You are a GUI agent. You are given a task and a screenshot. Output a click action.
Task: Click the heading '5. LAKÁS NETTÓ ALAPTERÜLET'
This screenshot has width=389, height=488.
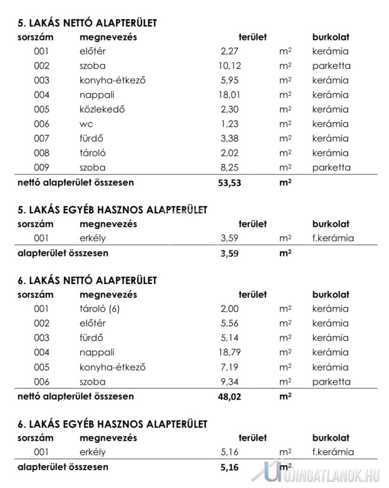87,22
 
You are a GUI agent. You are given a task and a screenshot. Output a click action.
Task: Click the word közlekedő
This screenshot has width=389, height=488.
102,109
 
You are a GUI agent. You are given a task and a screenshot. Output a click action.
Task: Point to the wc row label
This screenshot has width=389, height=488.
87,124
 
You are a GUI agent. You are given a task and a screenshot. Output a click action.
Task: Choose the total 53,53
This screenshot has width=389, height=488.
230,183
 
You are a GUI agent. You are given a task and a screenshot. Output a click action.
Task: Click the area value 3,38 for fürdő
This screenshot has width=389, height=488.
230,139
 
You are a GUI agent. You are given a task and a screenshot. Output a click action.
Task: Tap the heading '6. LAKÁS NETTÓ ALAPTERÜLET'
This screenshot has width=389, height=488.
87,280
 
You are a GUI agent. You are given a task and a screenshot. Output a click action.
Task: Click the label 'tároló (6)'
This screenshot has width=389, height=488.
99,309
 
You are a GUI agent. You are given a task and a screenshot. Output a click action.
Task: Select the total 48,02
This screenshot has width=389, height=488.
230,396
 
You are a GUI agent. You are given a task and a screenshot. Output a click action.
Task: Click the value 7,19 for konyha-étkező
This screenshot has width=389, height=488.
230,367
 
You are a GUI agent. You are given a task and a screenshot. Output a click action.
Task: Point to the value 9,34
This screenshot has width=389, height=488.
230,382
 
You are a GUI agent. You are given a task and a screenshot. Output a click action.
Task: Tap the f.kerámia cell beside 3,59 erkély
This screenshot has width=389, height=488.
333,238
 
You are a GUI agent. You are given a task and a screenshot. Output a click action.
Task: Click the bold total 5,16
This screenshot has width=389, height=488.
230,468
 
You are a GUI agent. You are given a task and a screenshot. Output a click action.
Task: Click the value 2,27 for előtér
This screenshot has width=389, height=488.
230,51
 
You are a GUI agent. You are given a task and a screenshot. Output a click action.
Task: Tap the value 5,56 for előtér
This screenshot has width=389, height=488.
230,324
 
